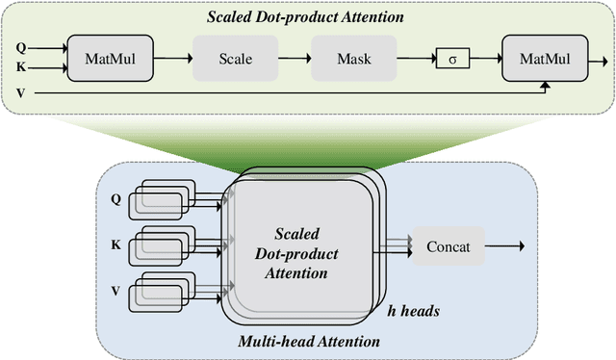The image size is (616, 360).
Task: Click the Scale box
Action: (x=235, y=59)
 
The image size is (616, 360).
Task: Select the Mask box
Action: (x=353, y=59)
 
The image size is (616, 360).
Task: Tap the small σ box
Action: (x=451, y=59)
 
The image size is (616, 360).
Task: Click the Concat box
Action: (x=448, y=247)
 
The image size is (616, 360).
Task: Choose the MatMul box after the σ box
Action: (x=545, y=59)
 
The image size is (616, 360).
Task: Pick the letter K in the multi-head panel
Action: (x=116, y=244)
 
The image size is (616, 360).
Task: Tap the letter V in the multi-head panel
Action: (x=116, y=289)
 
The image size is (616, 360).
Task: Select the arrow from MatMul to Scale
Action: (x=172, y=59)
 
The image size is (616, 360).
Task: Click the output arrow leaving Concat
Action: (x=504, y=247)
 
